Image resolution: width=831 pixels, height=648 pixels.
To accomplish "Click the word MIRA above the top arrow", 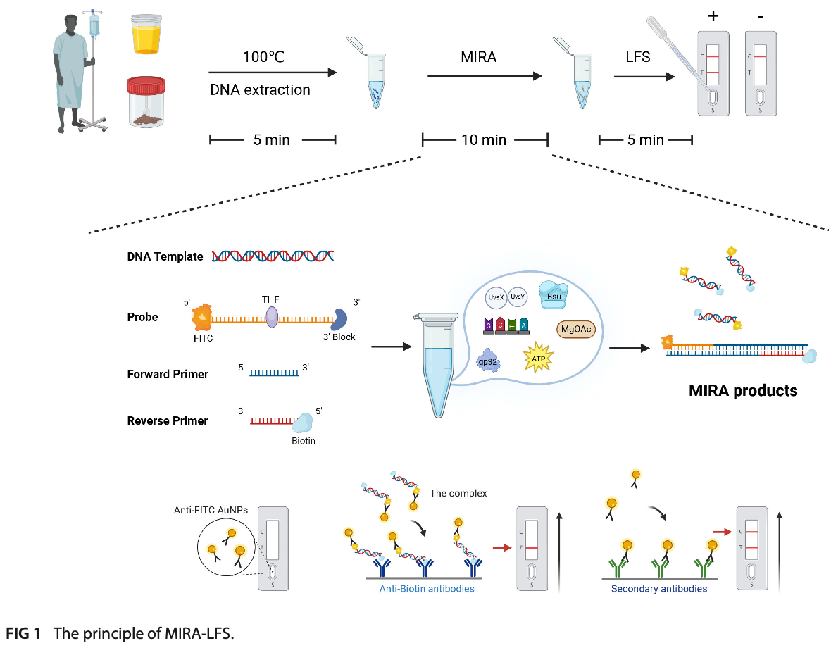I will click(x=478, y=58).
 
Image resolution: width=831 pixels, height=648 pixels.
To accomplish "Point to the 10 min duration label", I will click(x=484, y=140).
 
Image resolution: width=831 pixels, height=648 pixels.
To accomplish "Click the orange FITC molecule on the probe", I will click(x=203, y=318).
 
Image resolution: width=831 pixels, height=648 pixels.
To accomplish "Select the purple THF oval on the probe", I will click(x=272, y=318).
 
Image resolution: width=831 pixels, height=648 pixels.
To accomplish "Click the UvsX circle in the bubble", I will click(x=494, y=297).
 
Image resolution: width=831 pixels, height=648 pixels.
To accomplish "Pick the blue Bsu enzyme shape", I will click(x=552, y=292).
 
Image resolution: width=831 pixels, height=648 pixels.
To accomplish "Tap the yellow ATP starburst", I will click(x=537, y=355).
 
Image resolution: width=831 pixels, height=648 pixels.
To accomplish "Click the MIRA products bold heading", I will click(x=743, y=390).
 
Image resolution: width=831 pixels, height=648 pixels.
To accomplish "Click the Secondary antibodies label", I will click(x=659, y=588).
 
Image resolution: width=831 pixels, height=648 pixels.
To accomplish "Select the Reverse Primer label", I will click(x=168, y=420).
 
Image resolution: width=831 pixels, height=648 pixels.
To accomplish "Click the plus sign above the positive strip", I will click(x=713, y=16).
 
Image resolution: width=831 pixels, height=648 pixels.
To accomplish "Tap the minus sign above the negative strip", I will click(x=761, y=16).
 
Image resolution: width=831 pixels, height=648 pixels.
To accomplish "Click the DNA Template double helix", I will click(x=273, y=256).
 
